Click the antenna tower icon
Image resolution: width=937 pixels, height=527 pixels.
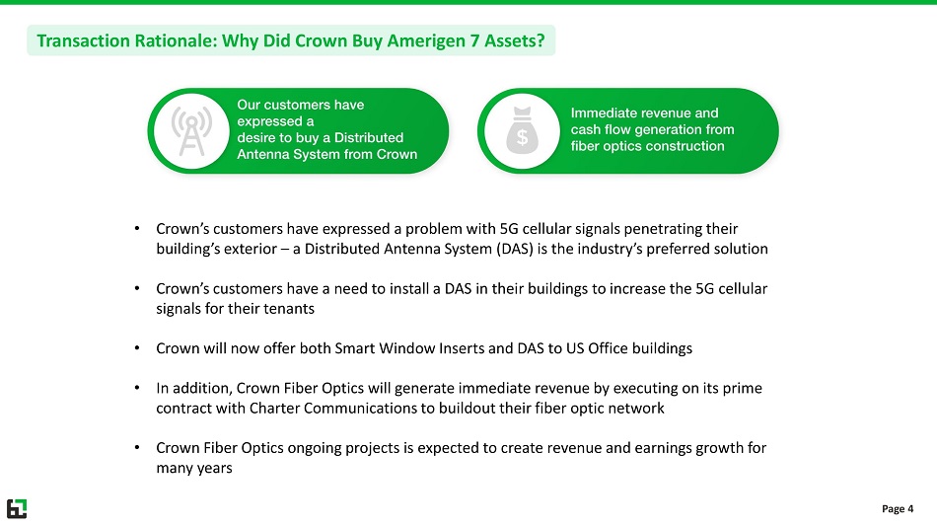[191, 131]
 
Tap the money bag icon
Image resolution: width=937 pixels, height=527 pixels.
[523, 130]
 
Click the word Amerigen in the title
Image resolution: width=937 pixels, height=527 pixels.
[426, 40]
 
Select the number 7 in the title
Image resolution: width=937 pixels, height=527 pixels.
[474, 40]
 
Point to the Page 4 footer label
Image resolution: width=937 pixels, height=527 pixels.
[898, 508]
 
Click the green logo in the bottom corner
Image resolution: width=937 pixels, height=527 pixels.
[17, 508]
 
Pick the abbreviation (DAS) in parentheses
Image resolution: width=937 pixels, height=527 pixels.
[515, 249]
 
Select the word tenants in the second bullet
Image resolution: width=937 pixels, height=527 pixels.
[292, 309]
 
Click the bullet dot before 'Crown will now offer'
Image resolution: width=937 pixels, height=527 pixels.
[137, 347]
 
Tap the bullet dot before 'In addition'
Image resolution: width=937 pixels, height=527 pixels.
[137, 388]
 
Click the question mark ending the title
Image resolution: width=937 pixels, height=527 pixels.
[541, 40]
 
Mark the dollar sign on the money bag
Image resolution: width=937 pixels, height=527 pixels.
[523, 137]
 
